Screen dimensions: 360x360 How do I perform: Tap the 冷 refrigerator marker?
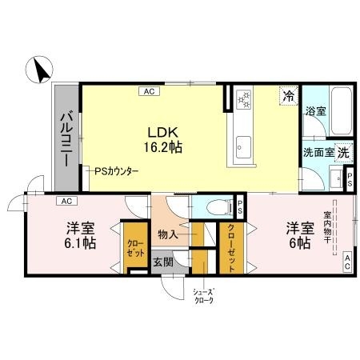[286, 96]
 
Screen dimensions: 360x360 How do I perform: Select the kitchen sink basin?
[243, 146]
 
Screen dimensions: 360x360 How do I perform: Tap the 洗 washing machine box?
[342, 150]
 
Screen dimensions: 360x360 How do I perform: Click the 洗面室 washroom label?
[318, 151]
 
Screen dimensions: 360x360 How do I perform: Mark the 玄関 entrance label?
[162, 262]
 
